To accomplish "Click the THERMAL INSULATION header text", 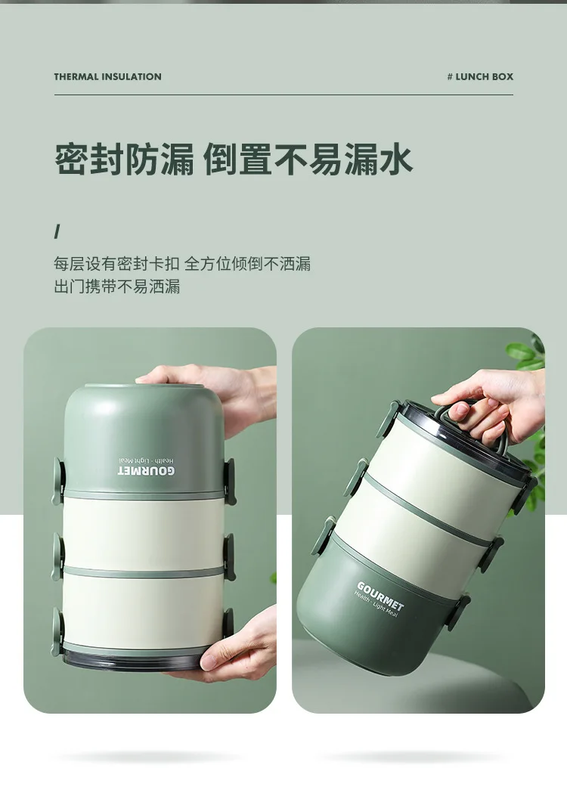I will (x=107, y=76).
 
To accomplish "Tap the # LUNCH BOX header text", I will (x=480, y=76).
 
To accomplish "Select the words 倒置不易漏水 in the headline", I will (x=308, y=160).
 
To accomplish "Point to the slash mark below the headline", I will (x=57, y=231).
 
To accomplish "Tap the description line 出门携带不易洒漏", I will (x=116, y=287).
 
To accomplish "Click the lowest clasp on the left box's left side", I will (x=57, y=627).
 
